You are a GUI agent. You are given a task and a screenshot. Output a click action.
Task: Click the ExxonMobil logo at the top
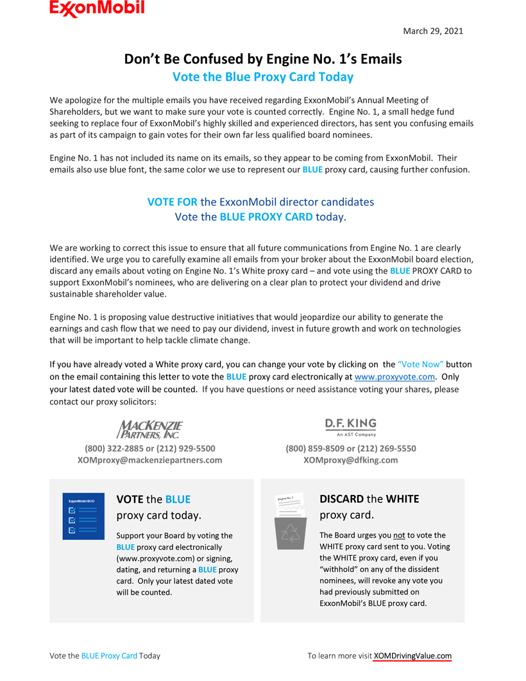(97, 8)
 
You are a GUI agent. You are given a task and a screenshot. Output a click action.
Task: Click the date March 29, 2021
(432, 31)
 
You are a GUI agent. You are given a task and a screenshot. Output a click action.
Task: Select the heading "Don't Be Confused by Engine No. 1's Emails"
(262, 59)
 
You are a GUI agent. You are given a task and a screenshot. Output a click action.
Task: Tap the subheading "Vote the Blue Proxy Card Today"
(262, 77)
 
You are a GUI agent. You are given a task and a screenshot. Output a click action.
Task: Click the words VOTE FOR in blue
(173, 202)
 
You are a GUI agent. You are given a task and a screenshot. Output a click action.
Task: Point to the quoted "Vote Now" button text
(420, 365)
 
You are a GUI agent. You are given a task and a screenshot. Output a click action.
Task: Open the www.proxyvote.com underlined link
(394, 377)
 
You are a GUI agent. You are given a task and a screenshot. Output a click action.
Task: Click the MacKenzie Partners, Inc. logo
(150, 429)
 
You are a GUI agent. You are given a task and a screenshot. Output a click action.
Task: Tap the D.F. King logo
(350, 427)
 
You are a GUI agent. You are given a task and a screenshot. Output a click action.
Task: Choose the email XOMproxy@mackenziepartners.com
(150, 460)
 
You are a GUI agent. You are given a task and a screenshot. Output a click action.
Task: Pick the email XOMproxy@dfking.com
(350, 460)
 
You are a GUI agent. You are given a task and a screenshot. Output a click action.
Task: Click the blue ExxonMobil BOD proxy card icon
(83, 516)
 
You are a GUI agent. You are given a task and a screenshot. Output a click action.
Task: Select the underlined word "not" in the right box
(399, 535)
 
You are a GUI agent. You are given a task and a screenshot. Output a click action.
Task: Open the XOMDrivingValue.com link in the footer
(412, 656)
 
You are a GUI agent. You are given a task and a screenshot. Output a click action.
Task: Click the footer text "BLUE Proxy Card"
(109, 656)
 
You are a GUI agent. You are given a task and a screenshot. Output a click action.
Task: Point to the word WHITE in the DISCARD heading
(402, 499)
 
